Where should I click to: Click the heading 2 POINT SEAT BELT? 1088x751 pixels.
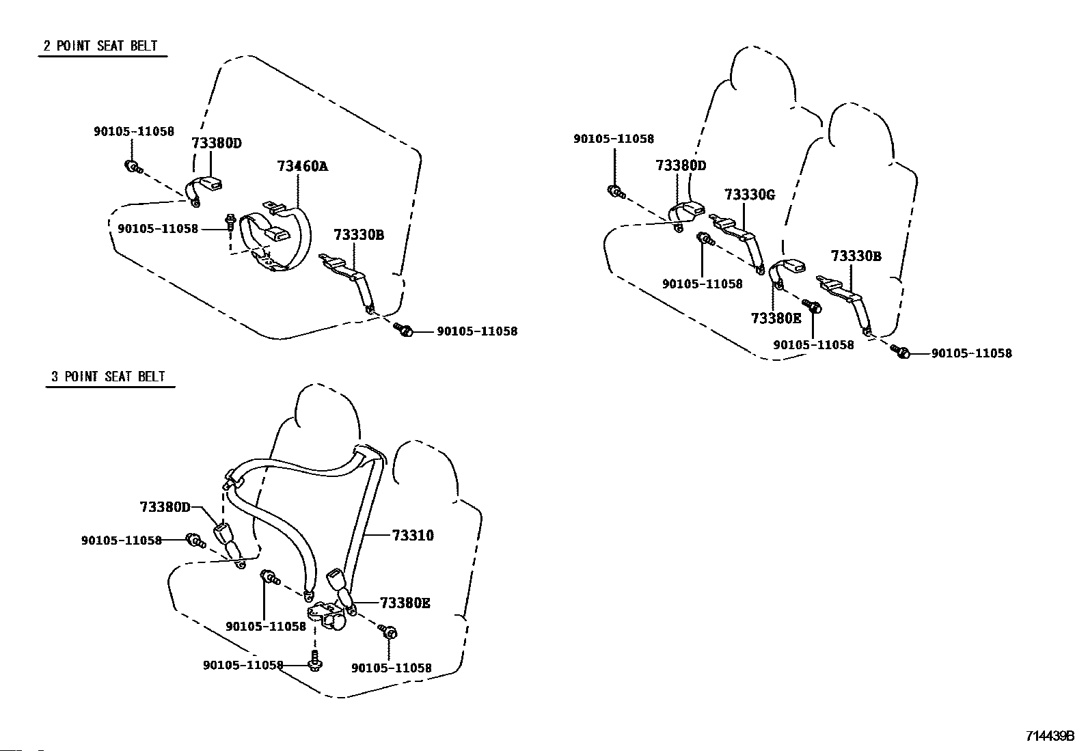click(x=100, y=46)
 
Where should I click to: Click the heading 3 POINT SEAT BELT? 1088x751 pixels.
click(x=108, y=377)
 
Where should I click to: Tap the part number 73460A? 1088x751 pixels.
click(x=303, y=166)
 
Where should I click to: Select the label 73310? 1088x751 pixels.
click(x=413, y=535)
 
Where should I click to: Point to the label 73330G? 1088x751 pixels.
click(x=750, y=195)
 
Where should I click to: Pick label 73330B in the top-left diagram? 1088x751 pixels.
click(x=359, y=235)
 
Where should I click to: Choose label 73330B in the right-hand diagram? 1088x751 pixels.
click(x=856, y=256)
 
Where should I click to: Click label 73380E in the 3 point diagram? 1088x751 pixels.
click(x=405, y=603)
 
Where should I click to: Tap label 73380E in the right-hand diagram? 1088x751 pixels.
click(x=776, y=318)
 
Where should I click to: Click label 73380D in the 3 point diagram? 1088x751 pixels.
click(x=165, y=507)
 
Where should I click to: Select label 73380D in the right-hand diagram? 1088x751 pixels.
click(x=681, y=165)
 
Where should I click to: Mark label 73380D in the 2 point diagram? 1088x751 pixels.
click(x=217, y=144)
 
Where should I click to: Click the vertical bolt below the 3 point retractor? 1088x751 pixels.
click(x=315, y=661)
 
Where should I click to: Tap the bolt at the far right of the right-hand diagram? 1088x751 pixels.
click(x=901, y=351)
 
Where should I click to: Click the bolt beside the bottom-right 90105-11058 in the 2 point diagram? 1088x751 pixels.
click(x=404, y=329)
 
